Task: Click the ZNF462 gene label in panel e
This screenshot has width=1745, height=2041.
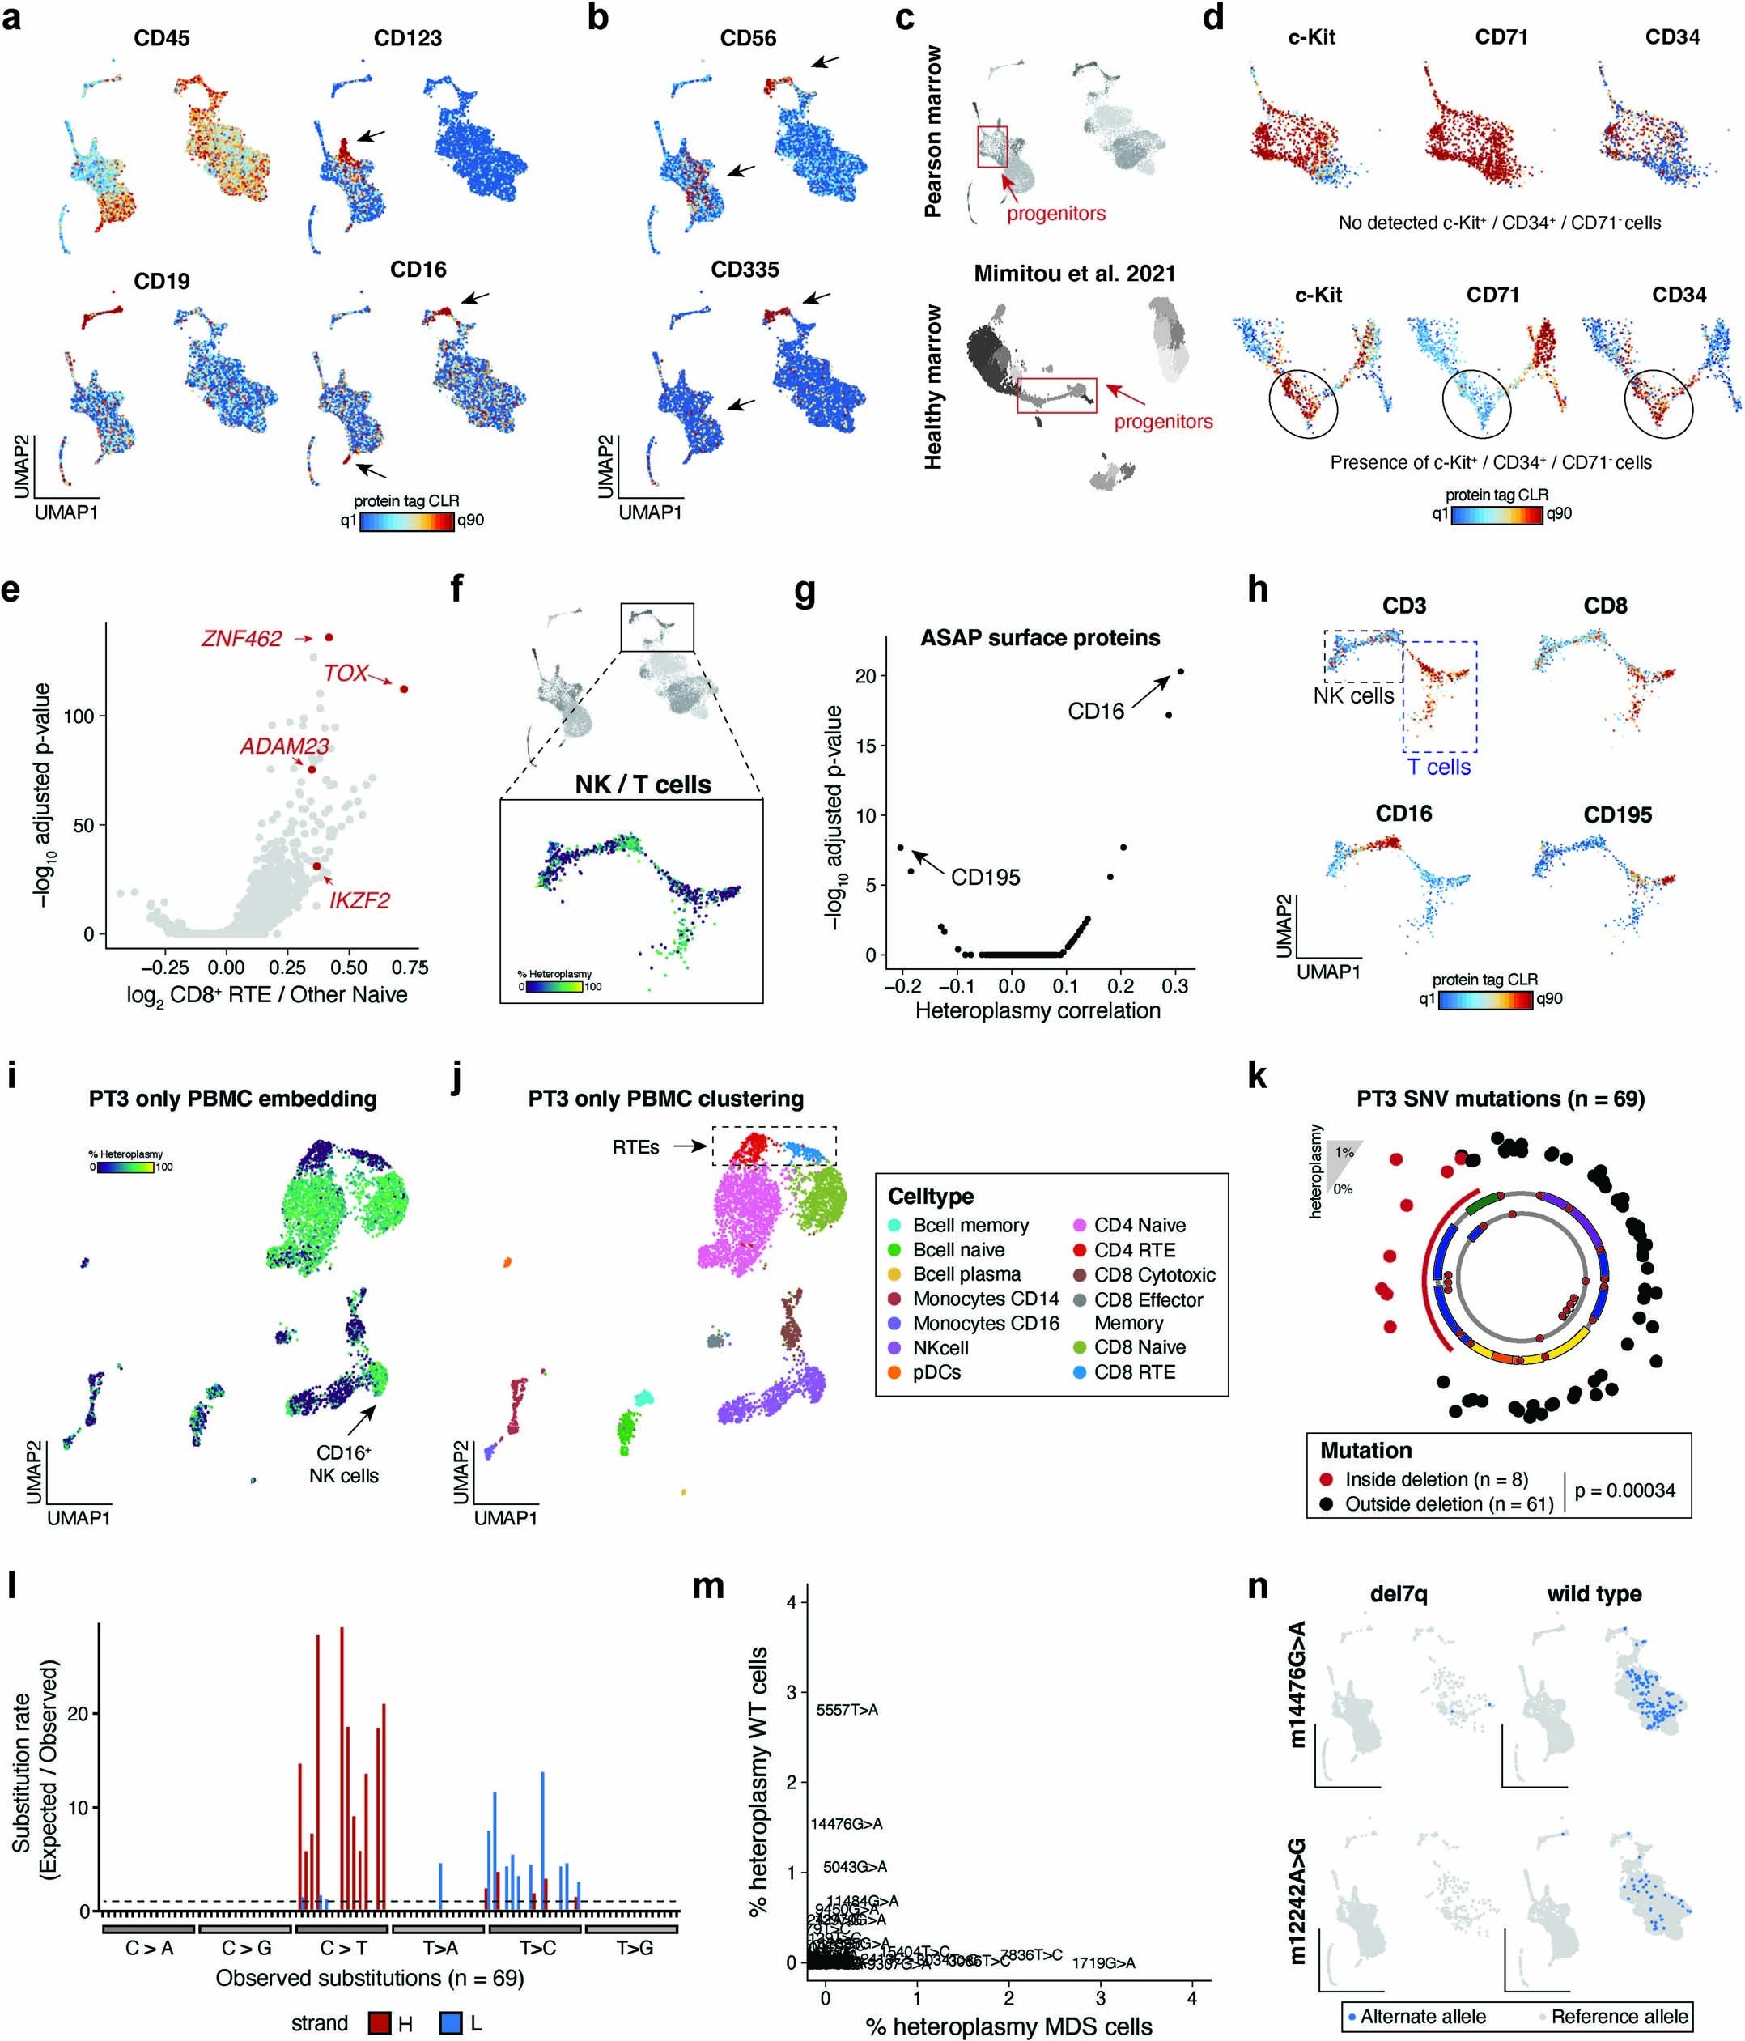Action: point(241,638)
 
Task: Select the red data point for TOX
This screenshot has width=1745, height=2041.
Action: point(404,688)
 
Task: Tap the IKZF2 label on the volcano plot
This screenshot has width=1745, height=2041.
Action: point(359,899)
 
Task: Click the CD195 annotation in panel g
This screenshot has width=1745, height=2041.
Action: point(985,877)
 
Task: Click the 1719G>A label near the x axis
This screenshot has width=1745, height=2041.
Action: point(1103,1963)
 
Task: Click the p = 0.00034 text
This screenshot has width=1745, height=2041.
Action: point(1625,1490)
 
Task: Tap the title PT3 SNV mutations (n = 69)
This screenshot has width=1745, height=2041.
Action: point(1500,1099)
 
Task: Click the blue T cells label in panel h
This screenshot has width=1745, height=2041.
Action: point(1439,768)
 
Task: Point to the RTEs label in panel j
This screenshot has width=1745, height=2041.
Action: point(635,1146)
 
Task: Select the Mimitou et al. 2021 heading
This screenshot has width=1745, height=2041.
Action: point(1074,274)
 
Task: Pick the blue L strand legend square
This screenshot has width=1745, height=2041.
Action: point(450,2023)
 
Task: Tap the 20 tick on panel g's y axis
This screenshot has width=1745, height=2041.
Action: point(864,676)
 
